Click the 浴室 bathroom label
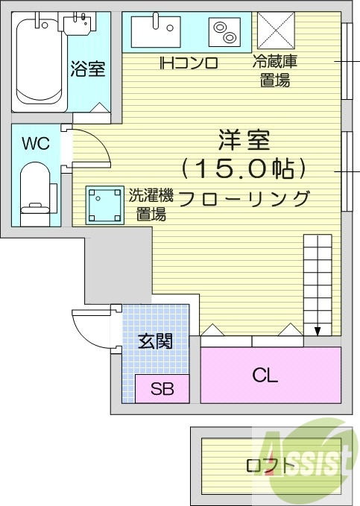coord(87,70)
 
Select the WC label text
coord(35,144)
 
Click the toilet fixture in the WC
coord(34,190)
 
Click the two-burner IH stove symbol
coord(223,32)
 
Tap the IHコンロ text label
coord(188,63)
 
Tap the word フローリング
coord(244,198)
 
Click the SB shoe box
coord(162,388)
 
